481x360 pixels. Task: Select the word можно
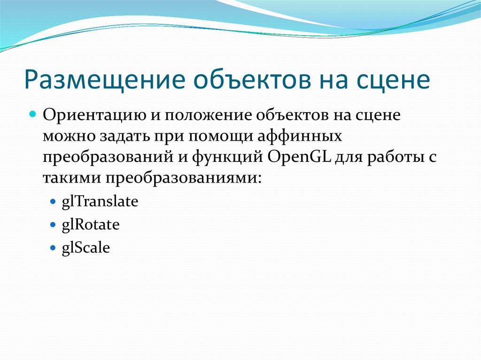click(69, 137)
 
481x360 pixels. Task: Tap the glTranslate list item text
click(100, 202)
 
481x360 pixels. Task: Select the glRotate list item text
click(91, 225)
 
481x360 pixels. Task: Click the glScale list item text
click(86, 247)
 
